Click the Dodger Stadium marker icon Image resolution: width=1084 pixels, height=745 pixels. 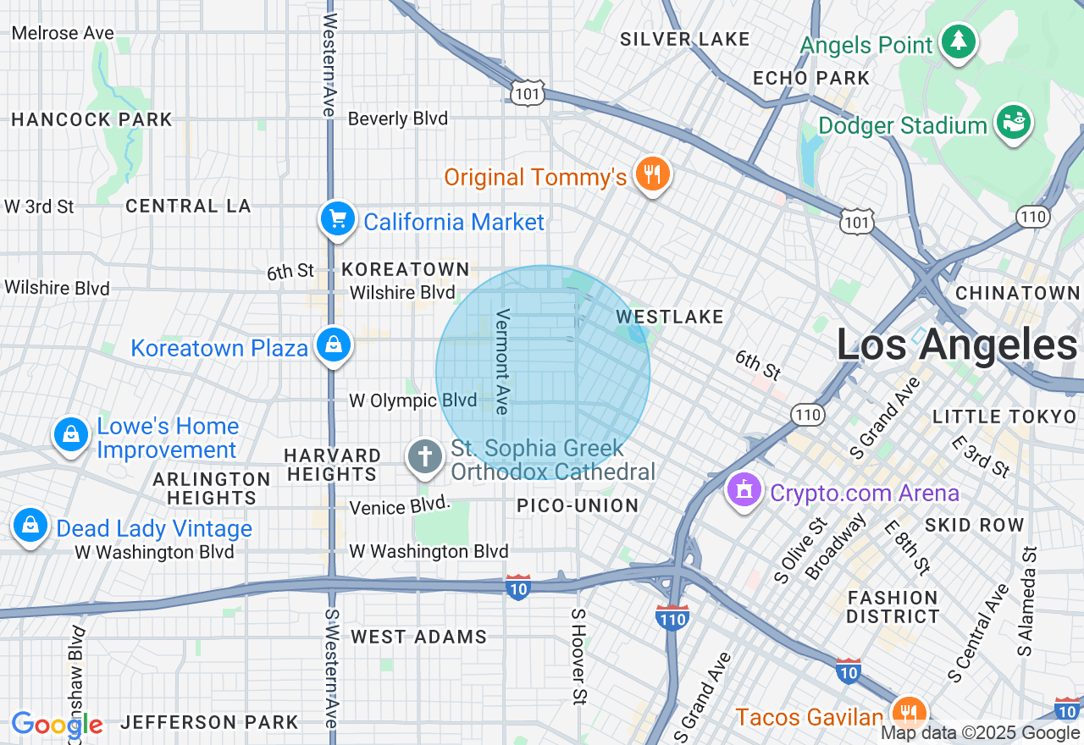pyautogui.click(x=1013, y=123)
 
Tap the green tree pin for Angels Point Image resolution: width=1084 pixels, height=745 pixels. pyautogui.click(x=958, y=41)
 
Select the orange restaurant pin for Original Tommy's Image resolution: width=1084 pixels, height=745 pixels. pyautogui.click(x=651, y=174)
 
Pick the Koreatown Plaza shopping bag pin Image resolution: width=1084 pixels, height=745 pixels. pyautogui.click(x=334, y=345)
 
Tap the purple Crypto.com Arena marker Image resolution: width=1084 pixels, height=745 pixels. pyautogui.click(x=744, y=490)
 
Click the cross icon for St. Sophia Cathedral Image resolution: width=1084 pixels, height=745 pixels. pyautogui.click(x=424, y=457)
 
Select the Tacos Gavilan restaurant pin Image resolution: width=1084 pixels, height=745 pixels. pyautogui.click(x=908, y=714)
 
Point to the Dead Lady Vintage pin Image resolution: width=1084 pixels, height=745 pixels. pyautogui.click(x=30, y=526)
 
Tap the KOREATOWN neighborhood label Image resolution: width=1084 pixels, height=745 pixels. pyautogui.click(x=406, y=269)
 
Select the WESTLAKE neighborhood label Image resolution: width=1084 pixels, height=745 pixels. pyautogui.click(x=670, y=317)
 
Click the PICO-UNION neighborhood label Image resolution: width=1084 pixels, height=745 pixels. pyautogui.click(x=578, y=505)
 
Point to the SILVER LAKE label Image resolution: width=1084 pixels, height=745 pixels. pyautogui.click(x=684, y=39)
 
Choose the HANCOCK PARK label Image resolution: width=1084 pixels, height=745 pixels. pyautogui.click(x=91, y=119)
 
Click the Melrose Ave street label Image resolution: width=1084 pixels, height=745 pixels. pyautogui.click(x=64, y=33)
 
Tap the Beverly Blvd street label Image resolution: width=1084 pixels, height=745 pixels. pyautogui.click(x=397, y=119)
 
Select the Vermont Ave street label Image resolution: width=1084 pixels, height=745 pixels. pyautogui.click(x=503, y=361)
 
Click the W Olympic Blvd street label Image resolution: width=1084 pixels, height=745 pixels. pyautogui.click(x=412, y=400)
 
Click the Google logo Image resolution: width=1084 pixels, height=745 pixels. pyautogui.click(x=57, y=725)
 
